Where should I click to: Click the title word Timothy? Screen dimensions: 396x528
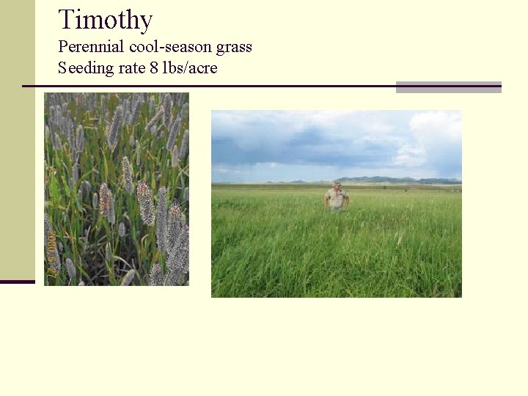click(x=105, y=20)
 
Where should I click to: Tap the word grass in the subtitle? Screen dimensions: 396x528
click(x=234, y=48)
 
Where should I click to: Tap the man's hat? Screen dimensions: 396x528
click(x=337, y=183)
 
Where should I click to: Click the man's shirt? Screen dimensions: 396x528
click(x=337, y=198)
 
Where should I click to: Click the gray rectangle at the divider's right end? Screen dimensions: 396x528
click(x=448, y=87)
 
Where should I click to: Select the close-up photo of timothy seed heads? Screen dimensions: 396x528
click(x=117, y=188)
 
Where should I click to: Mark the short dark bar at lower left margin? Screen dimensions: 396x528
click(x=17, y=282)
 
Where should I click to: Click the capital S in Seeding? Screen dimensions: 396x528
click(x=62, y=68)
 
